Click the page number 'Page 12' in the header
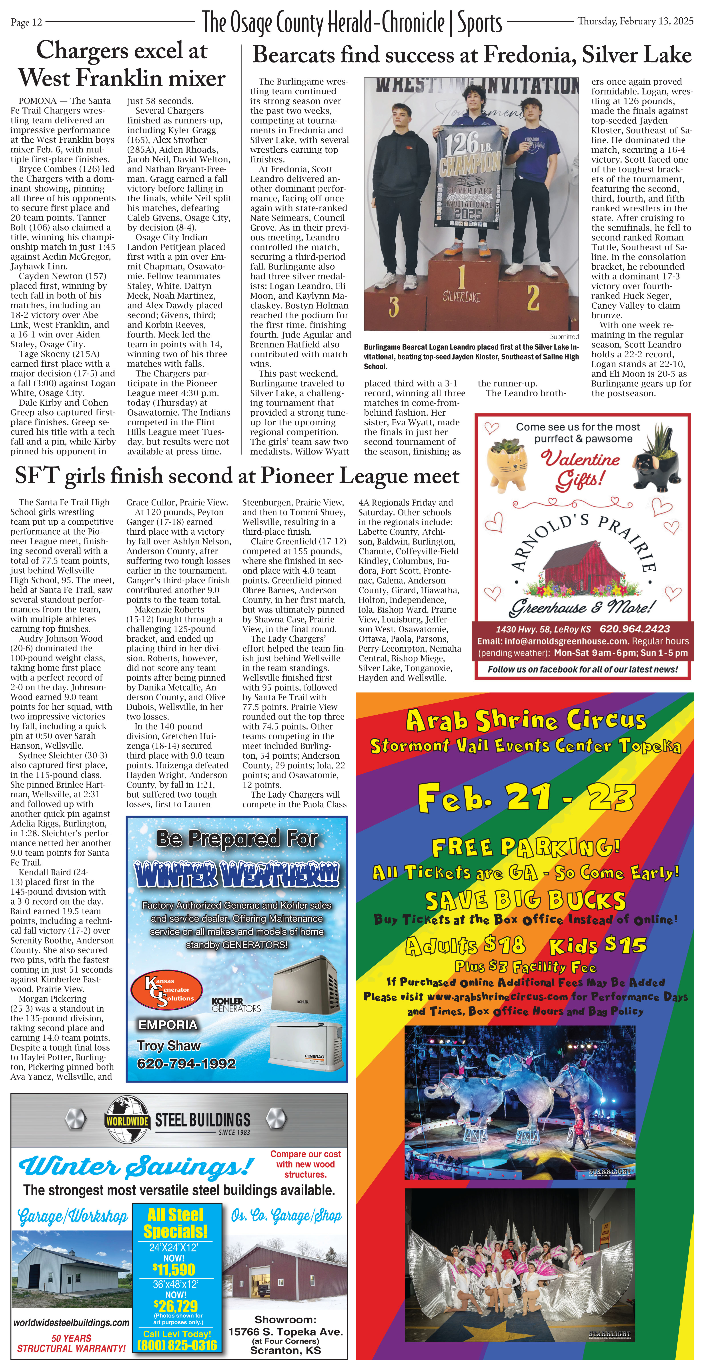[x=26, y=22]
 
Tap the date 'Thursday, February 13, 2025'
[x=635, y=21]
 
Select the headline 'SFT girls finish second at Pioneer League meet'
[x=237, y=476]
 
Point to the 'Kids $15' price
[x=598, y=946]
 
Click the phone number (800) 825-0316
[x=177, y=1346]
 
